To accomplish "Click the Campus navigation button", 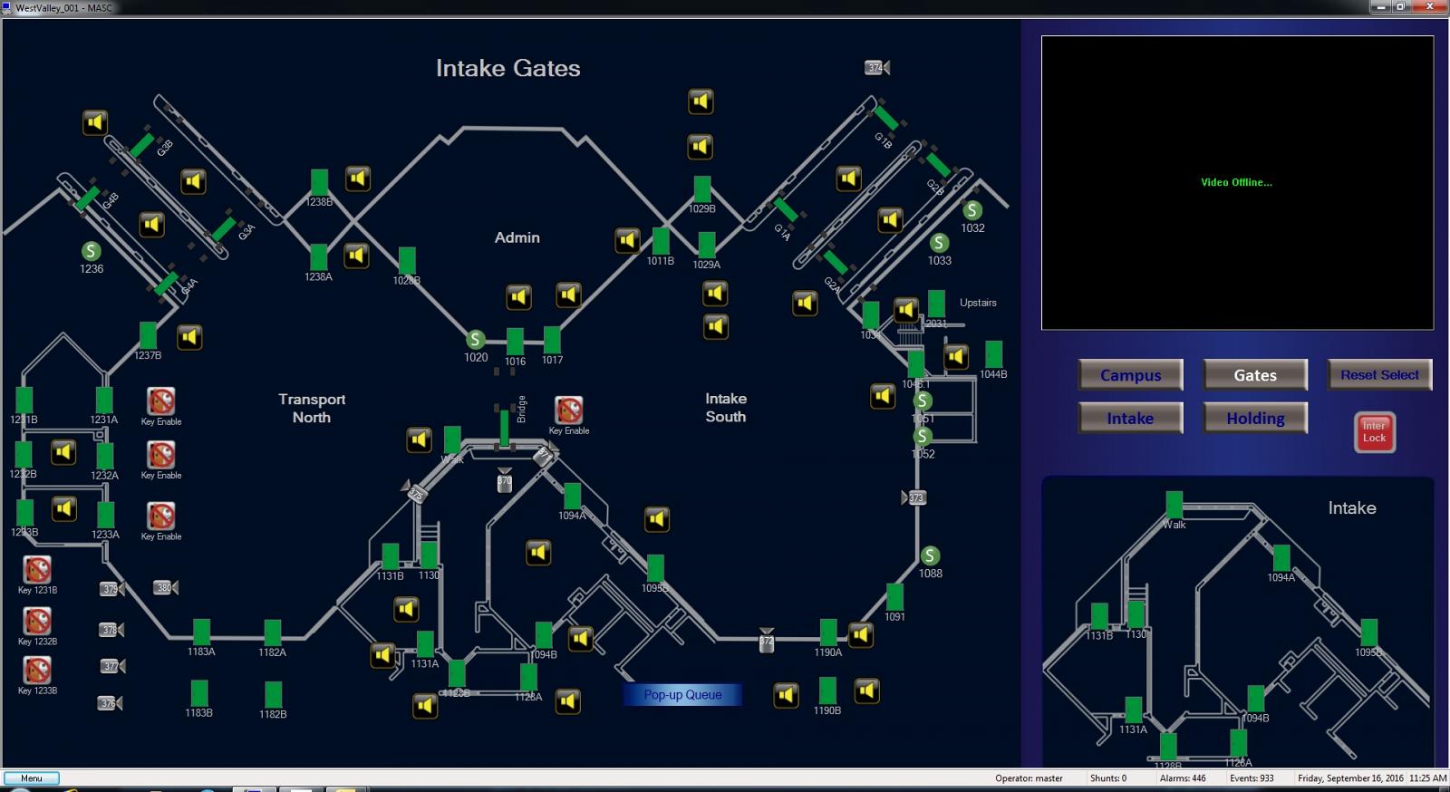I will pos(1130,375).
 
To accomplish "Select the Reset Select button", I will pos(1379,375).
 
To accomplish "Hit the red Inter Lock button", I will pos(1374,432).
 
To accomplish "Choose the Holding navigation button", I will pos(1255,419).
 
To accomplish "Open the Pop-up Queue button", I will pos(682,695).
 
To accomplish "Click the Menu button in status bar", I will pos(32,778).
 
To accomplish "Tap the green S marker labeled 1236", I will pos(91,251).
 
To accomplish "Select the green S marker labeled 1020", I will pos(475,340).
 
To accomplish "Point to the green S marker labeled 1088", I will pos(930,555).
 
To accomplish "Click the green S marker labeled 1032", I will pos(972,210).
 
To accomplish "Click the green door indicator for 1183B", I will pos(199,693).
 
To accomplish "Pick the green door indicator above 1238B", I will pos(319,182).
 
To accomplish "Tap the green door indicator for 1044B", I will pos(993,354).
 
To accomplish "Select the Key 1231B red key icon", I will pos(37,570).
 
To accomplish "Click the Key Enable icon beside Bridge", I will pos(568,410).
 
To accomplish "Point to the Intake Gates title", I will pos(507,69).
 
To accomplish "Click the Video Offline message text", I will pos(1236,182).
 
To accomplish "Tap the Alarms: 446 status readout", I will pos(1182,778).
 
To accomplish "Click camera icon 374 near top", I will pos(877,68).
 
